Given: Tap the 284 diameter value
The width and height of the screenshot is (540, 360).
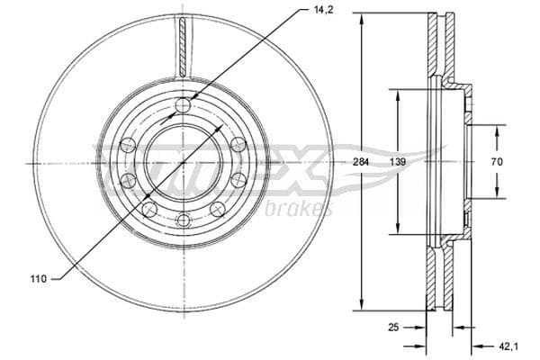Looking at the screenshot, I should (x=362, y=163).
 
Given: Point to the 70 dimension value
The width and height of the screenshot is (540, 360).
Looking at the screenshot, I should (x=497, y=163).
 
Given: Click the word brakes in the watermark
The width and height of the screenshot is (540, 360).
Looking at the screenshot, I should (x=299, y=209).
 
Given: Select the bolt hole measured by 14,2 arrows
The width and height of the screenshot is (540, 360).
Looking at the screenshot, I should (x=183, y=106).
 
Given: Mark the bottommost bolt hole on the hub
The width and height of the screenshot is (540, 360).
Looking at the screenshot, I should (x=183, y=220).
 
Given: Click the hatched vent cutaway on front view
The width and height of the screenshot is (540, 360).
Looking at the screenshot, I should (x=183, y=45).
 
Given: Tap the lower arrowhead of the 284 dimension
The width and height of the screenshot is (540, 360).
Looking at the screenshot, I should (x=362, y=306).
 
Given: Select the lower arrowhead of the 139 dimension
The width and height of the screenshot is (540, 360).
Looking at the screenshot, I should (x=396, y=233).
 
